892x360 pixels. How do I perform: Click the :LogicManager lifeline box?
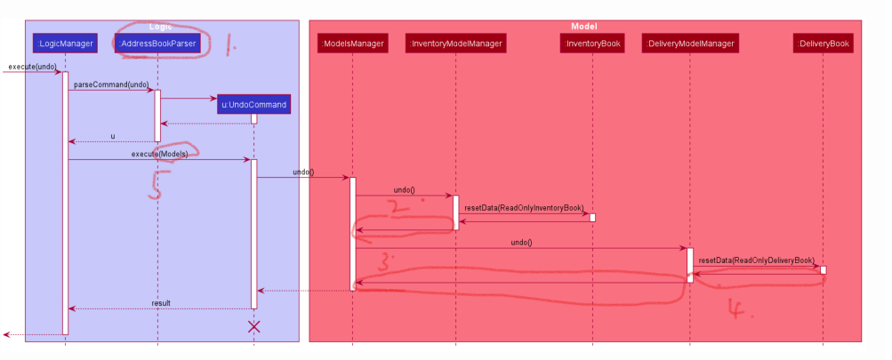(65, 42)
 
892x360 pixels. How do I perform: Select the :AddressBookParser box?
(157, 42)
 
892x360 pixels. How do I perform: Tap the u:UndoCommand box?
(253, 105)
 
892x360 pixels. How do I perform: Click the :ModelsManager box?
(352, 42)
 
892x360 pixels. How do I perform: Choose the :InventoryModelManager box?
(455, 42)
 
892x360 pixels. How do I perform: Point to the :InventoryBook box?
(592, 42)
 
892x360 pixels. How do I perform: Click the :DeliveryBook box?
(823, 42)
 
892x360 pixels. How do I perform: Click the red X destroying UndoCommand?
(253, 326)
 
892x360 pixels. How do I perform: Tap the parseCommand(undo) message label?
(111, 84)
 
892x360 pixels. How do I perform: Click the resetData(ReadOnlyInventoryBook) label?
(523, 207)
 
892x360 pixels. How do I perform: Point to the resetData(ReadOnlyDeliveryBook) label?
(757, 260)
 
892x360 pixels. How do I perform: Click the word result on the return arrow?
(161, 303)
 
